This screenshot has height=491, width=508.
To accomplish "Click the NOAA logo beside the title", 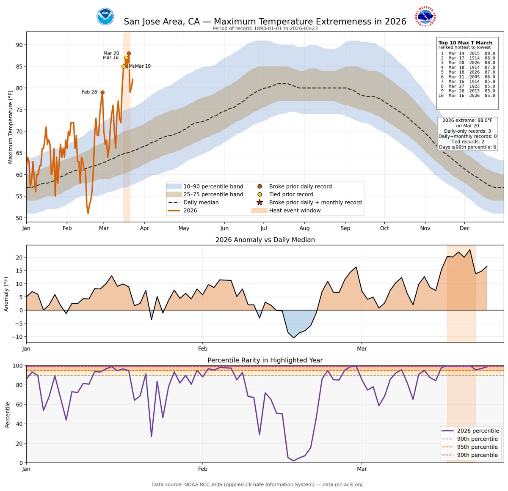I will [105, 17].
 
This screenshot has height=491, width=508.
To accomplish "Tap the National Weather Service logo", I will [425, 17].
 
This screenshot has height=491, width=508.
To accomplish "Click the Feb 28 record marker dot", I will [102, 92].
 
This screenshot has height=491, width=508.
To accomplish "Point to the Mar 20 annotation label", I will [111, 53].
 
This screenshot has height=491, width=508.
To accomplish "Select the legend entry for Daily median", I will [201, 203].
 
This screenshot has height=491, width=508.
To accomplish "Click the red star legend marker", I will [260, 203].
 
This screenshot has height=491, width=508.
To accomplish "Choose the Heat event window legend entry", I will [295, 211].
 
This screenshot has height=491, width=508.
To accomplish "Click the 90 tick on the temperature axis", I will [19, 45].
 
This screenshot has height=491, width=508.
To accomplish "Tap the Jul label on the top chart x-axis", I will [263, 228].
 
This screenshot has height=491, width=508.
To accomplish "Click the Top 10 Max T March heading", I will [465, 43].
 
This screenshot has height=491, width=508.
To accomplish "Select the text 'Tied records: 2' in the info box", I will [467, 142].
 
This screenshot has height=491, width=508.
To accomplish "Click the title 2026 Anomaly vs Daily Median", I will [265, 240].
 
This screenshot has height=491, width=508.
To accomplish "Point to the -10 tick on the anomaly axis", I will [19, 337].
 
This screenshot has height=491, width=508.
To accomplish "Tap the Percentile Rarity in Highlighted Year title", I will [265, 360].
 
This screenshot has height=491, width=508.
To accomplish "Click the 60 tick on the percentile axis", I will [19, 405].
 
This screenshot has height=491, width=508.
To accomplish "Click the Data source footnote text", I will [257, 485].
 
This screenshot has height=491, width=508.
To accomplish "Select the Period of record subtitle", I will [265, 29].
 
